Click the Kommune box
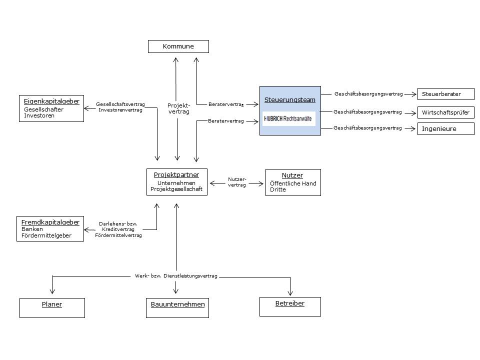click(178, 46)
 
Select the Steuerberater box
click(445, 94)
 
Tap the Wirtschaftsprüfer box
click(445, 112)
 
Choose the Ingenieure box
click(445, 129)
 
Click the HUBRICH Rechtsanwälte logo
click(289, 118)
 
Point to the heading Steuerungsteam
click(290, 100)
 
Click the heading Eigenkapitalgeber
click(51, 101)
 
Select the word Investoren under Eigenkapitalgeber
click(39, 115)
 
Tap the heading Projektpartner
click(176, 175)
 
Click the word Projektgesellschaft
click(176, 189)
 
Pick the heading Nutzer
click(292, 175)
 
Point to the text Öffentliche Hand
click(293, 183)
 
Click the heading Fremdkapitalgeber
click(50, 222)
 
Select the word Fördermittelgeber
click(46, 235)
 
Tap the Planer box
click(52, 308)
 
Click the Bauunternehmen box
click(177, 308)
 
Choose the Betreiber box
click(290, 306)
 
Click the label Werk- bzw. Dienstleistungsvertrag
click(176, 276)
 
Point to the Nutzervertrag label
click(237, 182)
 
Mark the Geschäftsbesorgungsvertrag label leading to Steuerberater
click(368, 94)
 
